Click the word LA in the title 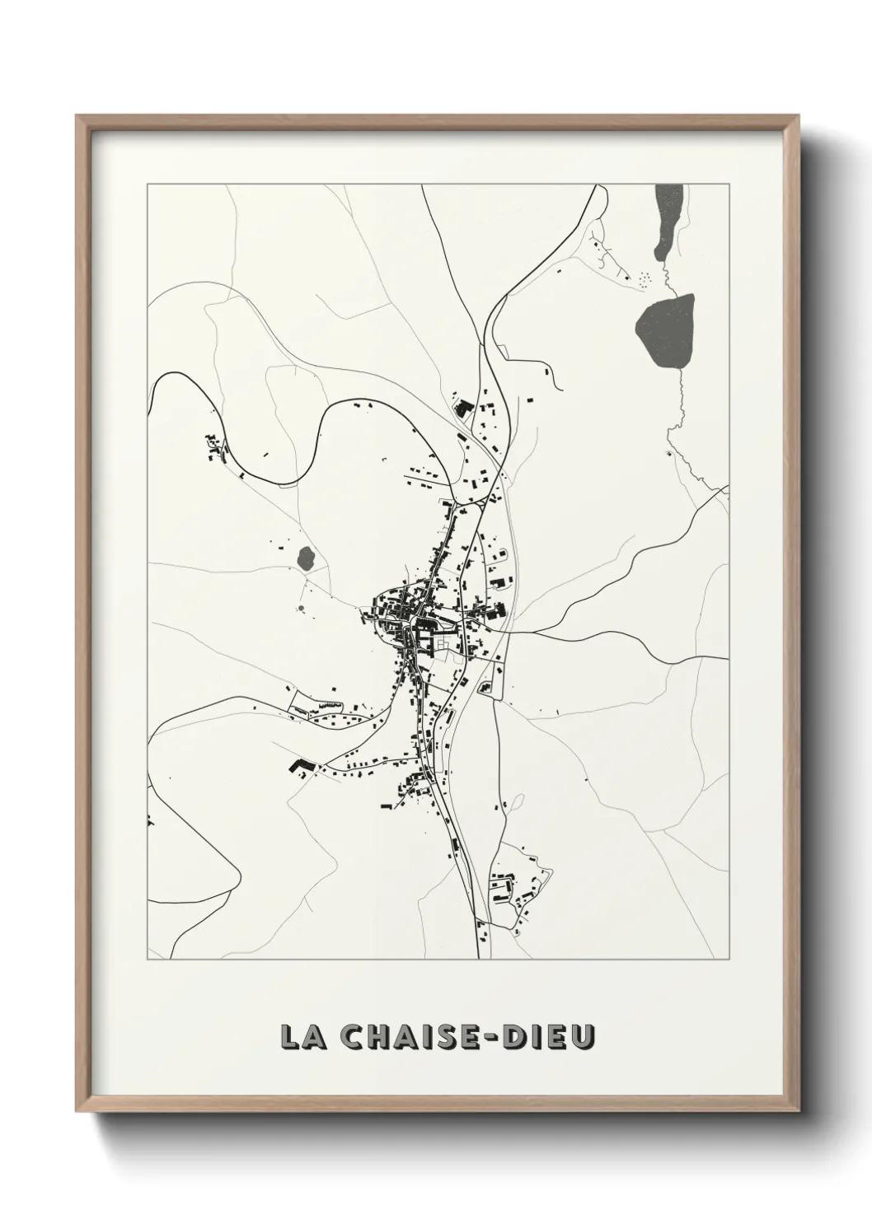(304, 1037)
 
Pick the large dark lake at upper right (665, 330)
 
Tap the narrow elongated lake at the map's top (666, 219)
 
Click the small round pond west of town (306, 558)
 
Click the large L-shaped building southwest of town (298, 767)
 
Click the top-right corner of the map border (729, 185)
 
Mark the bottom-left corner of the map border (148, 960)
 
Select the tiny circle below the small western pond (301, 610)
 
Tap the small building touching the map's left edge (150, 820)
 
